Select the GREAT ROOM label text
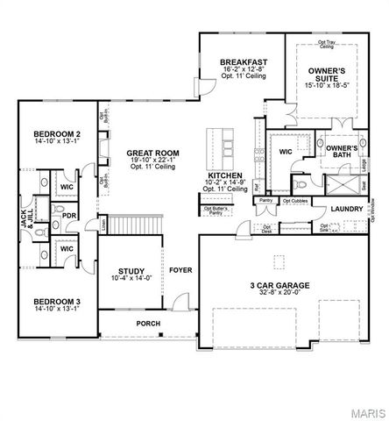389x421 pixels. (152, 153)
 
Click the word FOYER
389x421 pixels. (180, 270)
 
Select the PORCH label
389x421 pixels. (147, 323)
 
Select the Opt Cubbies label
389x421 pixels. (294, 201)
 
